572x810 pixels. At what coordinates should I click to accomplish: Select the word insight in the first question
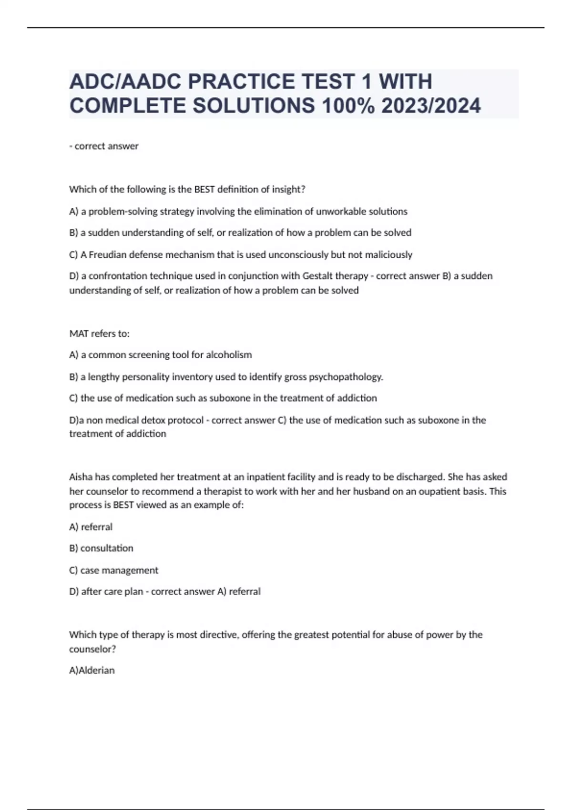[286, 190]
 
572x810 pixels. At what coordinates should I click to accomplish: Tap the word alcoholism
[229, 355]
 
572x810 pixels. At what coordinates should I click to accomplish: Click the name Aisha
[81, 477]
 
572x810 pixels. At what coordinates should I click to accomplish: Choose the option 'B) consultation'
[101, 548]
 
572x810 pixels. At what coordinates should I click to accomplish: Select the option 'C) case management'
[113, 570]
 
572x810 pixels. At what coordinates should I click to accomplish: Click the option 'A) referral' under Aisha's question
[91, 527]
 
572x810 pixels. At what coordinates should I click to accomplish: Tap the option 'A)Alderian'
[92, 670]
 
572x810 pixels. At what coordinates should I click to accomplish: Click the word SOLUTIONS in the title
[254, 106]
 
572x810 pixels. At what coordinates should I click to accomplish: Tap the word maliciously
[388, 255]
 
